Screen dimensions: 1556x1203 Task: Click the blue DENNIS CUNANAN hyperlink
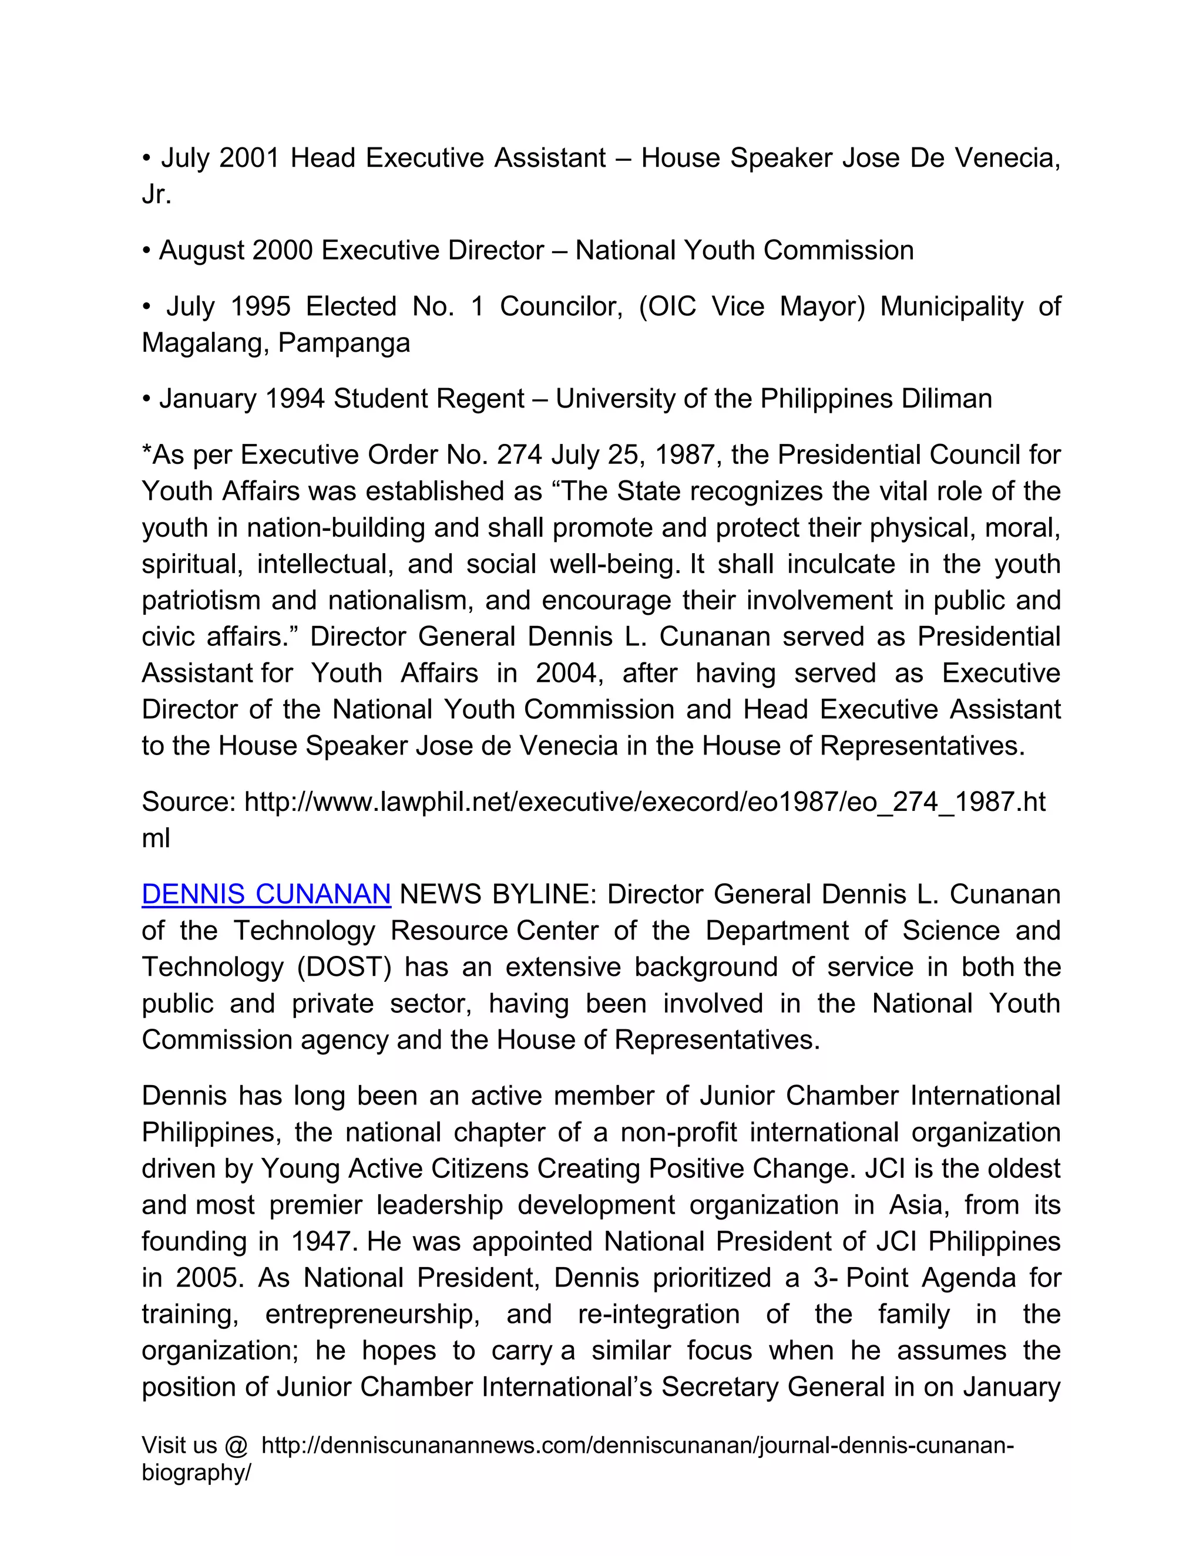[266, 894]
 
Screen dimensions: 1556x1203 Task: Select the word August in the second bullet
[201, 250]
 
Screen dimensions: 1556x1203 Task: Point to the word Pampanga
[344, 343]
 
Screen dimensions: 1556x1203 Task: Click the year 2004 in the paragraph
[569, 672]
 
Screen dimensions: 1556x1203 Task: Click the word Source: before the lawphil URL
[189, 801]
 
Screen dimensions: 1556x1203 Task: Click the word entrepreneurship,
[372, 1313]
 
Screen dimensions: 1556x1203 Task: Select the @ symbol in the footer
[235, 1446]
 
